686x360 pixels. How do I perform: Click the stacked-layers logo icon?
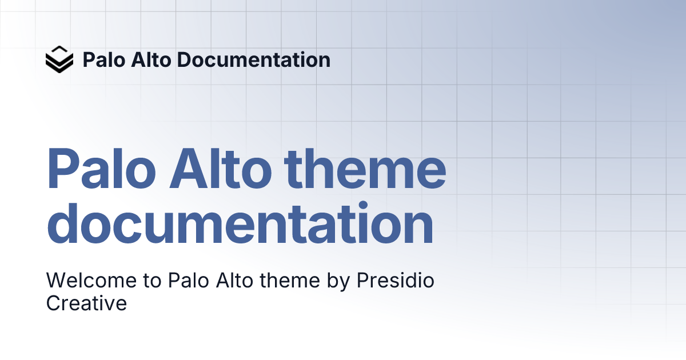[59, 59]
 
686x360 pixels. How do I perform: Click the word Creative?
[86, 303]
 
